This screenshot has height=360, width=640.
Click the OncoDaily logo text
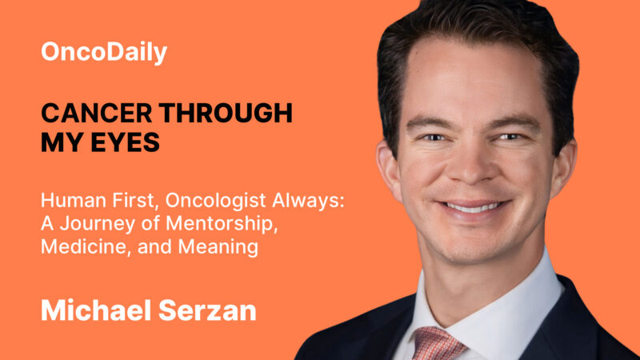pyautogui.click(x=104, y=53)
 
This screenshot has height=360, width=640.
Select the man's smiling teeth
pyautogui.click(x=475, y=207)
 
